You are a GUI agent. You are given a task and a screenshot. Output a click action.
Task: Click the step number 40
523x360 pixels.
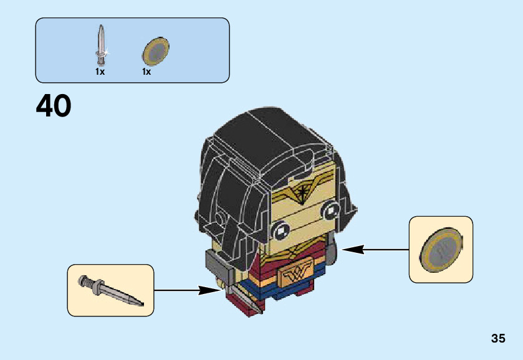tap(54, 107)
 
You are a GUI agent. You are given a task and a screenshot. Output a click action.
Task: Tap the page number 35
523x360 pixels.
tap(497, 339)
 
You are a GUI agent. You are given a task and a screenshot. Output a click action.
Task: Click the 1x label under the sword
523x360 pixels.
tap(100, 72)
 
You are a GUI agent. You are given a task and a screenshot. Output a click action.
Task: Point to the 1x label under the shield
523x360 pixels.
tap(146, 72)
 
